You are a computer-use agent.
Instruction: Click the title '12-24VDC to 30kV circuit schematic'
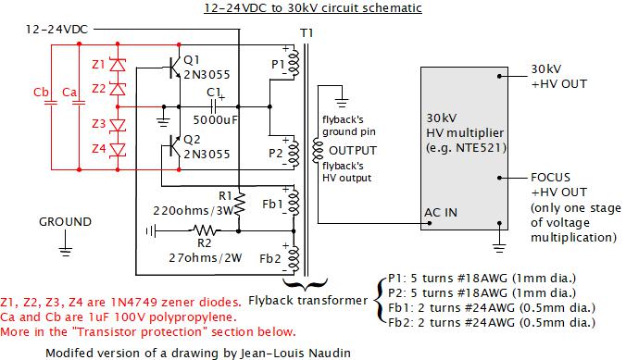[312, 8]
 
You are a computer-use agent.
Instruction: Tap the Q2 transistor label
[193, 139]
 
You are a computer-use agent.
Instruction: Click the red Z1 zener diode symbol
[118, 66]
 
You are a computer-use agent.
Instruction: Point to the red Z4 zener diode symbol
[118, 148]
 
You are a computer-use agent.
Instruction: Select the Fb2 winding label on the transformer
[272, 257]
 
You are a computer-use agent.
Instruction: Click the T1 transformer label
[306, 33]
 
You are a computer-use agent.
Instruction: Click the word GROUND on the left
[65, 222]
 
